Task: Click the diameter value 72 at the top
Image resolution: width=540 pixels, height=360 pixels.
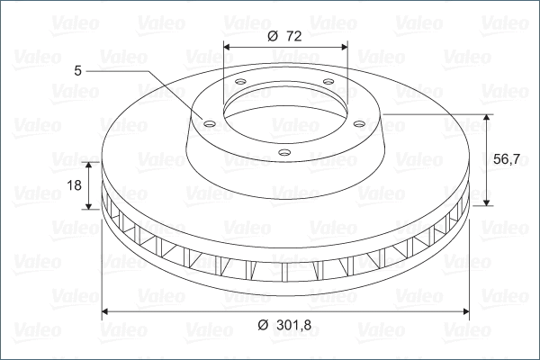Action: [x=293, y=36]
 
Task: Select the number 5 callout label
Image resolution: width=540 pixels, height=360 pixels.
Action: [x=78, y=68]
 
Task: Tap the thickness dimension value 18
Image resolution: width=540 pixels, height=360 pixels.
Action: [x=75, y=185]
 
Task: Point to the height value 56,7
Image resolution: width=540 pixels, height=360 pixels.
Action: [x=506, y=159]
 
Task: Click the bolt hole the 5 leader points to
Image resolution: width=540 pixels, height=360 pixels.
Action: [x=208, y=124]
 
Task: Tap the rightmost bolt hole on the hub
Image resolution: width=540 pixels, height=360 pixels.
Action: [x=358, y=124]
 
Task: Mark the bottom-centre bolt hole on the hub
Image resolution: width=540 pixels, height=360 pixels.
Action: [x=283, y=152]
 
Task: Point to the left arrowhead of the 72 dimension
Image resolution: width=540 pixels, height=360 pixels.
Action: [x=226, y=46]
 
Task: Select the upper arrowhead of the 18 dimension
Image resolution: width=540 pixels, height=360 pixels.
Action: [x=90, y=166]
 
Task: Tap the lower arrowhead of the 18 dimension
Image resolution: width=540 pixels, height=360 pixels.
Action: [x=90, y=205]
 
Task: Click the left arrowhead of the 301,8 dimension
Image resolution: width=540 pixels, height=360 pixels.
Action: [x=106, y=311]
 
